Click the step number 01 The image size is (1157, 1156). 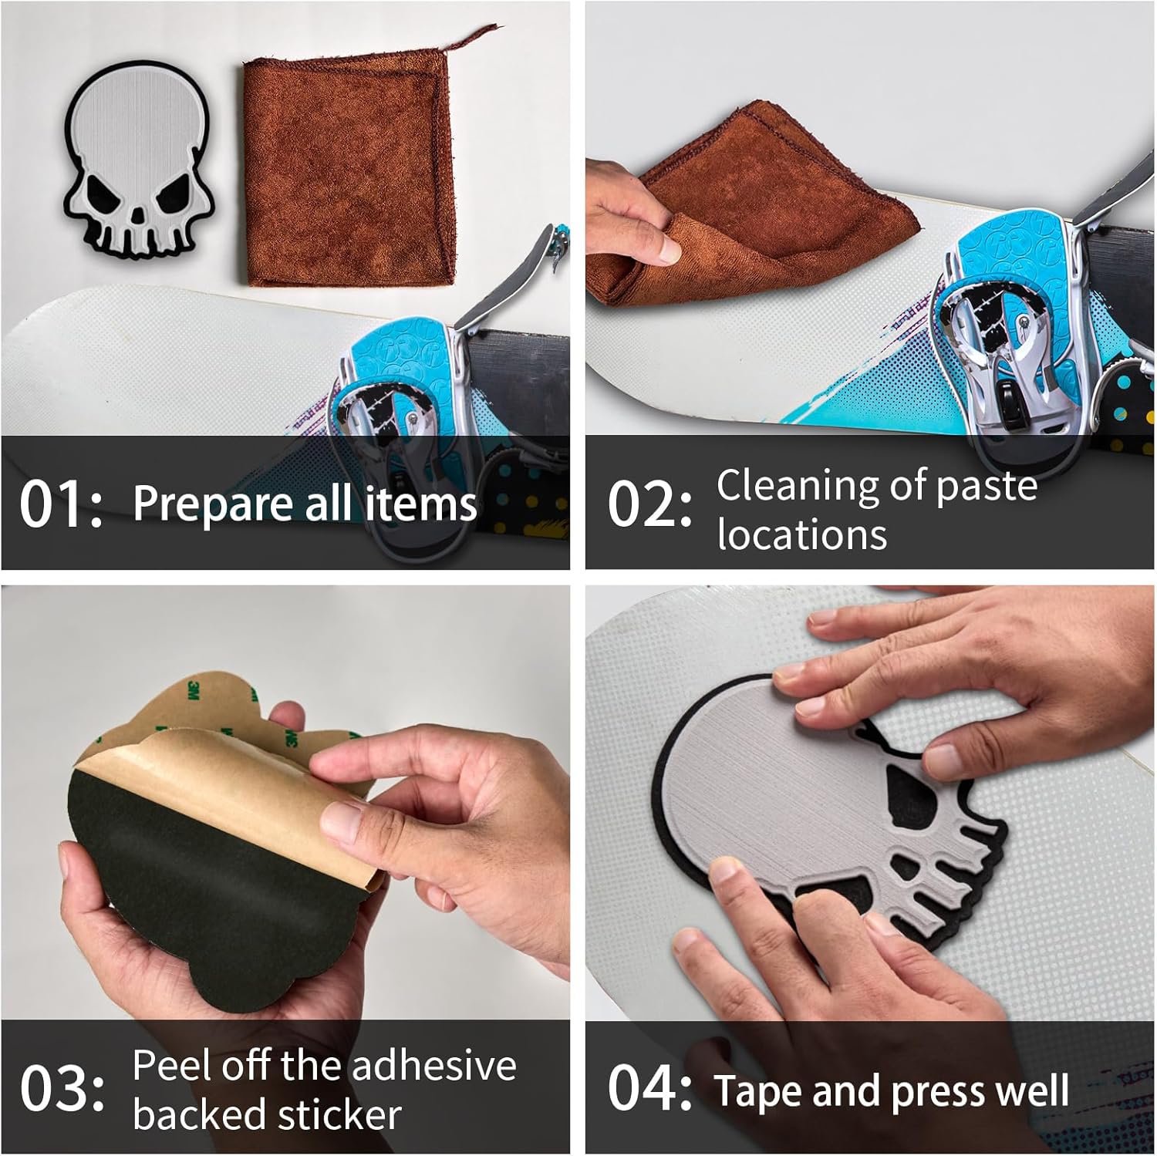61,504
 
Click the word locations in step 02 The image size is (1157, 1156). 802,535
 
